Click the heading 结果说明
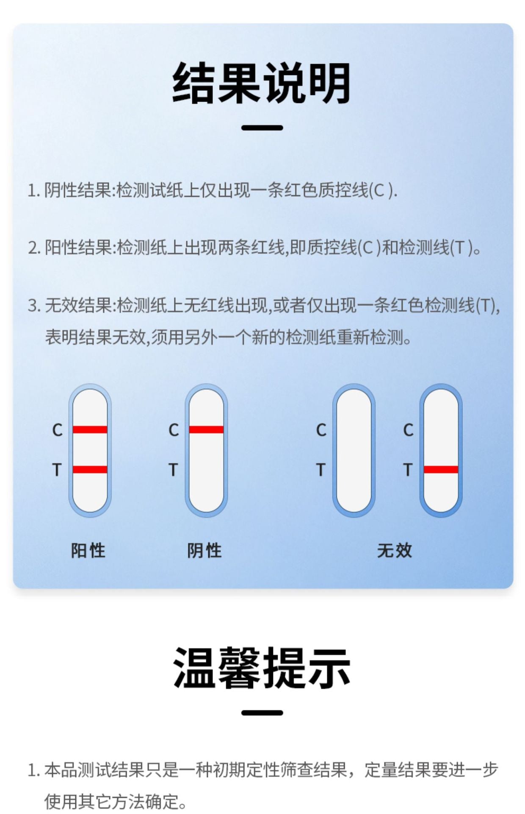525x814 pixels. (x=262, y=83)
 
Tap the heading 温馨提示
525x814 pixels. (x=262, y=668)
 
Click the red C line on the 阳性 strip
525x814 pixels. (x=90, y=429)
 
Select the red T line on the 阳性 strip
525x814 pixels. (x=90, y=469)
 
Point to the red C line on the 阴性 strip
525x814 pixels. (x=206, y=429)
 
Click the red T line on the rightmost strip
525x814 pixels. (x=441, y=469)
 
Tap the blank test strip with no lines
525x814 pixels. (x=354, y=450)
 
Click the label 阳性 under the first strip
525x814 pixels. (x=88, y=550)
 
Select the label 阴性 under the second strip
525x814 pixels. (x=204, y=550)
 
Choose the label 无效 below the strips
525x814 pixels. (x=395, y=550)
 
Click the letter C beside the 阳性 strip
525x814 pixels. (x=57, y=430)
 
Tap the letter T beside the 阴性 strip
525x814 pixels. (x=173, y=470)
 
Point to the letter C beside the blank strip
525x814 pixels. (x=321, y=430)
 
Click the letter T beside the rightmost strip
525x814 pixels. (x=407, y=470)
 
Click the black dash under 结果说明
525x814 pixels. (x=262, y=128)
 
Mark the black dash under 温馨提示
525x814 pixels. (x=262, y=713)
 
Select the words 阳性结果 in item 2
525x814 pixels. (x=78, y=248)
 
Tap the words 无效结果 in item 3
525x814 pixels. (x=78, y=305)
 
